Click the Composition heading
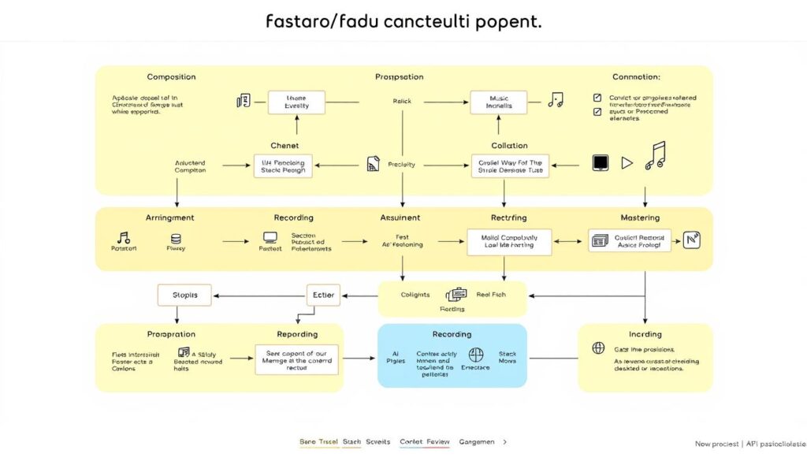(171, 77)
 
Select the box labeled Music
(498, 101)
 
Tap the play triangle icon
(627, 163)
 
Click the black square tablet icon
(601, 163)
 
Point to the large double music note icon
(655, 156)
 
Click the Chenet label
(284, 145)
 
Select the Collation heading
(509, 145)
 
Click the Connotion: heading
(636, 77)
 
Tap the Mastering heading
(640, 217)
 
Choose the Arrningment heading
(169, 217)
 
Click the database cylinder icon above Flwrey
(176, 237)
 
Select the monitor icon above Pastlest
(270, 237)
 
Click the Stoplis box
(185, 296)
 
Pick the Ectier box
(323, 296)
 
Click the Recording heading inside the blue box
(452, 334)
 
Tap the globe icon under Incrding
(598, 348)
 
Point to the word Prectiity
(402, 165)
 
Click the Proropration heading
(171, 334)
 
